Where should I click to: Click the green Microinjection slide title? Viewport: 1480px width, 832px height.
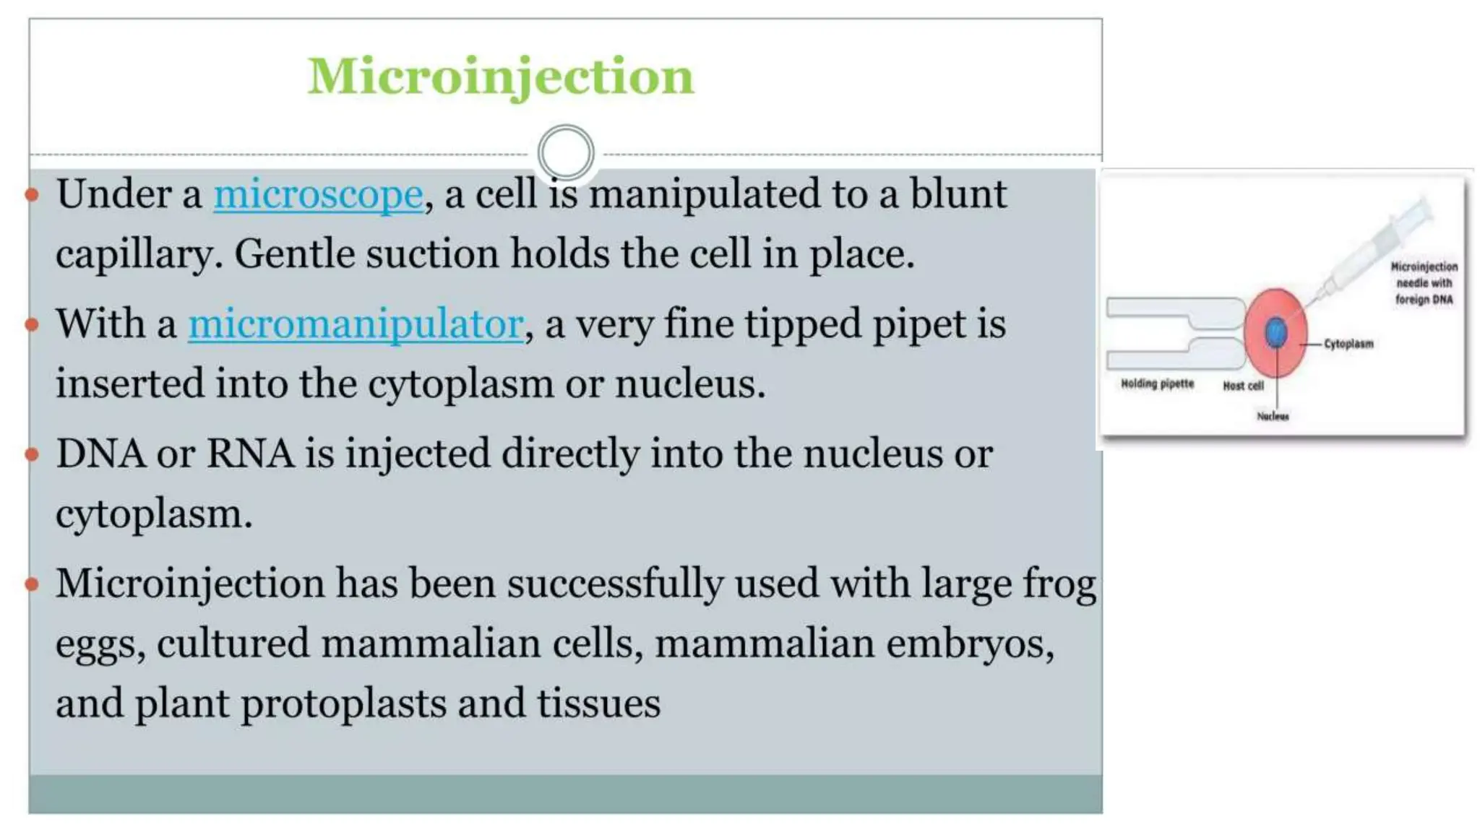point(500,77)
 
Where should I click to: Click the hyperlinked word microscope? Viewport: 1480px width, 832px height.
point(318,194)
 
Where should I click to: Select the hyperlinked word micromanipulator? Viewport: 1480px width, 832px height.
point(356,324)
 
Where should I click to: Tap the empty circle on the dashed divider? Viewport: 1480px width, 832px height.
point(566,152)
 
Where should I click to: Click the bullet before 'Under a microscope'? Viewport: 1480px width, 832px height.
point(32,194)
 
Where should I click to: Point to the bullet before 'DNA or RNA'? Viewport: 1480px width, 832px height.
point(32,454)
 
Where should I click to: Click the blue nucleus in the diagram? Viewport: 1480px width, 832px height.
point(1275,332)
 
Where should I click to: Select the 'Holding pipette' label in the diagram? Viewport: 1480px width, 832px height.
point(1157,383)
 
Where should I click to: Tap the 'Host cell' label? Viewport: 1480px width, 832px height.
point(1243,386)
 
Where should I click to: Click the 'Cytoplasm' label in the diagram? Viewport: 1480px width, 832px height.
point(1348,344)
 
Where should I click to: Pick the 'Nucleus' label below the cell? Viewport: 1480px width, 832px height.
point(1273,416)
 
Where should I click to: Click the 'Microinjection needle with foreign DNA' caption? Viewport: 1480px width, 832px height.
point(1424,283)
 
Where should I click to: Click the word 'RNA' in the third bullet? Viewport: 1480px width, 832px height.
point(250,454)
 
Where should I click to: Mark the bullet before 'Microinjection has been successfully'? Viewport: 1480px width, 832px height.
point(32,584)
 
